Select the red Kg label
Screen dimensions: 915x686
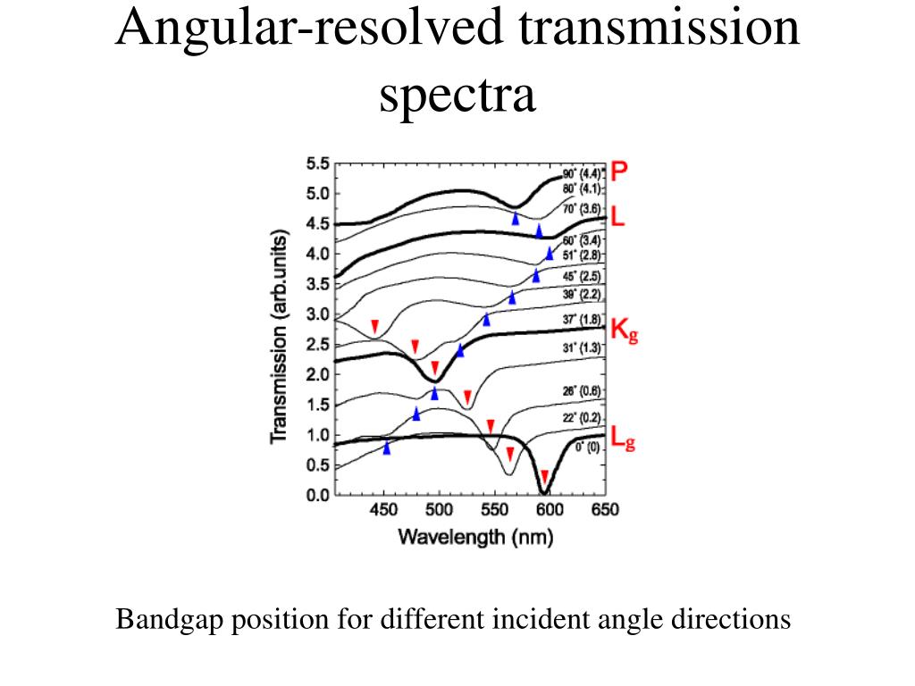tap(623, 331)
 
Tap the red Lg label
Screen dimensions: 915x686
tap(623, 439)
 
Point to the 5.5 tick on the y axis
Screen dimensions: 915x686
tap(318, 163)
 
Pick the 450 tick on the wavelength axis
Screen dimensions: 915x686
tap(383, 511)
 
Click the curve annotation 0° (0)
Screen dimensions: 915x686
tap(587, 448)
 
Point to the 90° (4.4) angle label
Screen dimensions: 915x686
tap(584, 173)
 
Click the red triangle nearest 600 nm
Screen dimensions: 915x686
tap(544, 475)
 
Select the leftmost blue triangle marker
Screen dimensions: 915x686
tap(387, 448)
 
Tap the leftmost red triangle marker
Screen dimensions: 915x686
tap(375, 326)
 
